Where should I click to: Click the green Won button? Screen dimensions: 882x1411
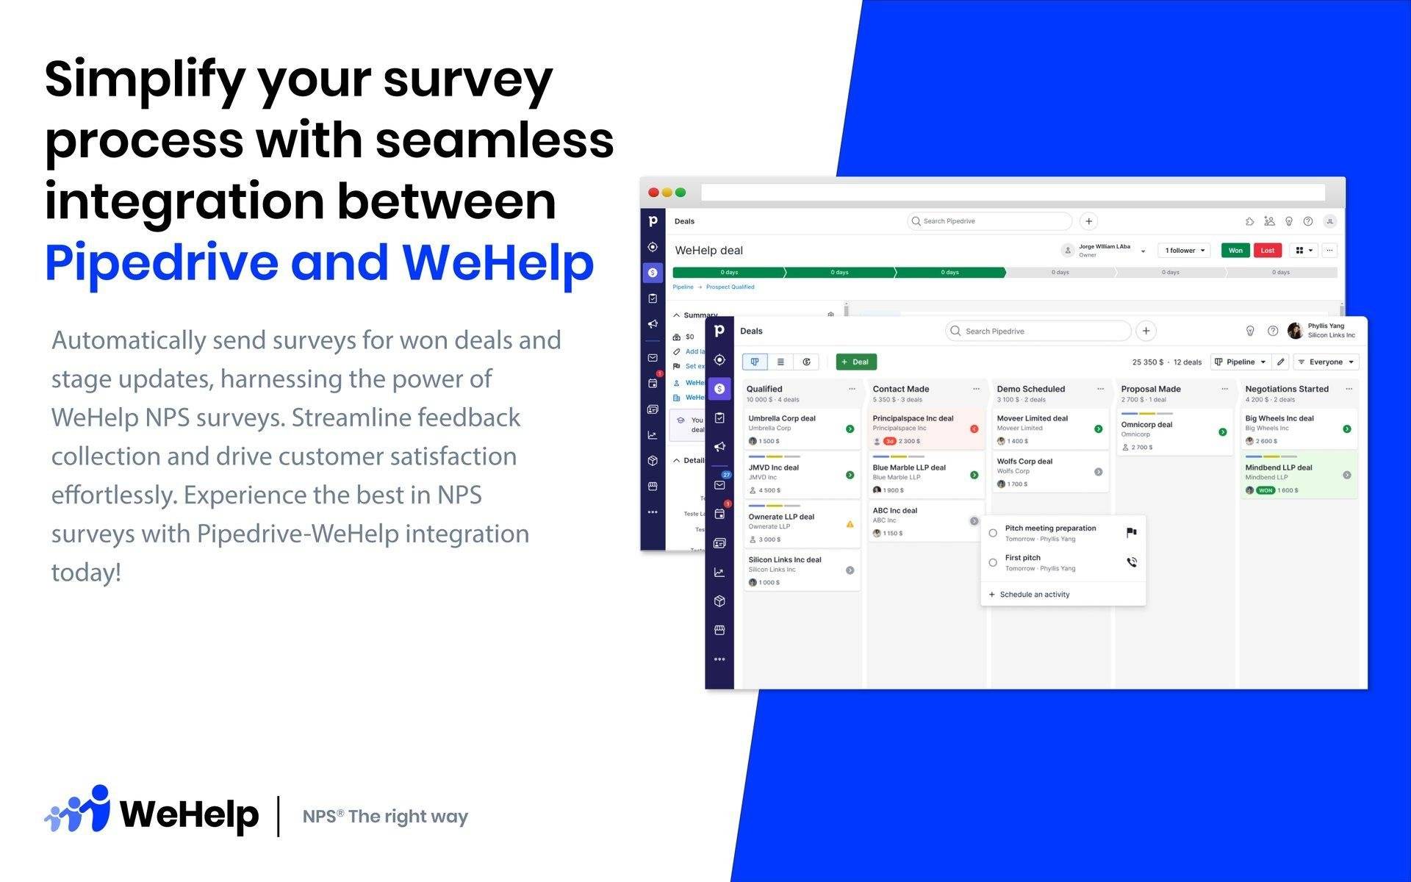point(1235,251)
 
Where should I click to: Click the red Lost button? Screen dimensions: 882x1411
point(1268,251)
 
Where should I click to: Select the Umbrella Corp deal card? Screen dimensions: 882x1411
point(801,429)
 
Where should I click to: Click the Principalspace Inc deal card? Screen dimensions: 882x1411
point(925,429)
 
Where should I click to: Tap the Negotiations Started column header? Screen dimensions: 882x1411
point(1286,389)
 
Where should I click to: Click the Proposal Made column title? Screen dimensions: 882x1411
point(1150,389)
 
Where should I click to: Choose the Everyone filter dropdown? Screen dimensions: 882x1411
point(1326,362)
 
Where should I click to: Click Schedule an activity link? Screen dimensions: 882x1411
point(1034,595)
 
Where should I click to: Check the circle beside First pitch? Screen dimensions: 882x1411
point(993,563)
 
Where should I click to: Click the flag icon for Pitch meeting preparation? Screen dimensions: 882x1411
point(1131,533)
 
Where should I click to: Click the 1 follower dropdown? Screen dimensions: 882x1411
point(1184,251)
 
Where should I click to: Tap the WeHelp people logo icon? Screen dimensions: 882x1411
point(78,810)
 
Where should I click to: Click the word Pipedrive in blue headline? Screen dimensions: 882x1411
point(162,262)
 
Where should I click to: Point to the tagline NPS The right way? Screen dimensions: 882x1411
point(385,817)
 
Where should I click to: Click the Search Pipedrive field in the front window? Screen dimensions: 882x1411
point(1038,331)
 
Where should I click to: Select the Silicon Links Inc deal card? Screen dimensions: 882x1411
point(801,570)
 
